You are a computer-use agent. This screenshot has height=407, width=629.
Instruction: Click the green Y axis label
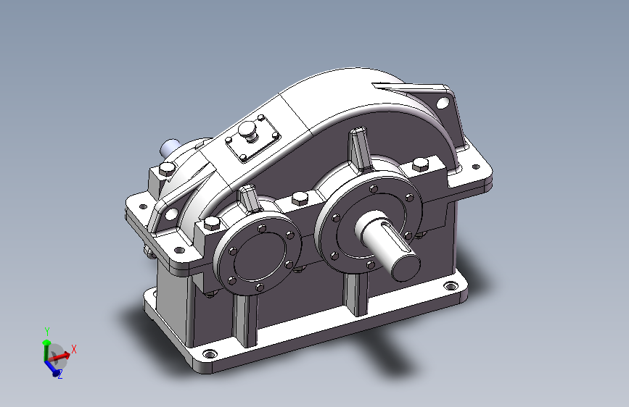47,331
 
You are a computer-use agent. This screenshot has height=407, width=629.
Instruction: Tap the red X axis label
74,349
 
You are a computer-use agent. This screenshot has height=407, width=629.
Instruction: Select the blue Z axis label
60,374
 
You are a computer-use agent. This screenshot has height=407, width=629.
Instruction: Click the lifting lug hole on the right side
443,103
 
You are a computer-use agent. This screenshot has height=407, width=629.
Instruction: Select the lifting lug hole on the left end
171,214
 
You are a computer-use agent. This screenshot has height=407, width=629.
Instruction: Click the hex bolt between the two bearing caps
300,198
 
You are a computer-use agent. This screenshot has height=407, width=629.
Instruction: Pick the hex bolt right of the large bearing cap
420,164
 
